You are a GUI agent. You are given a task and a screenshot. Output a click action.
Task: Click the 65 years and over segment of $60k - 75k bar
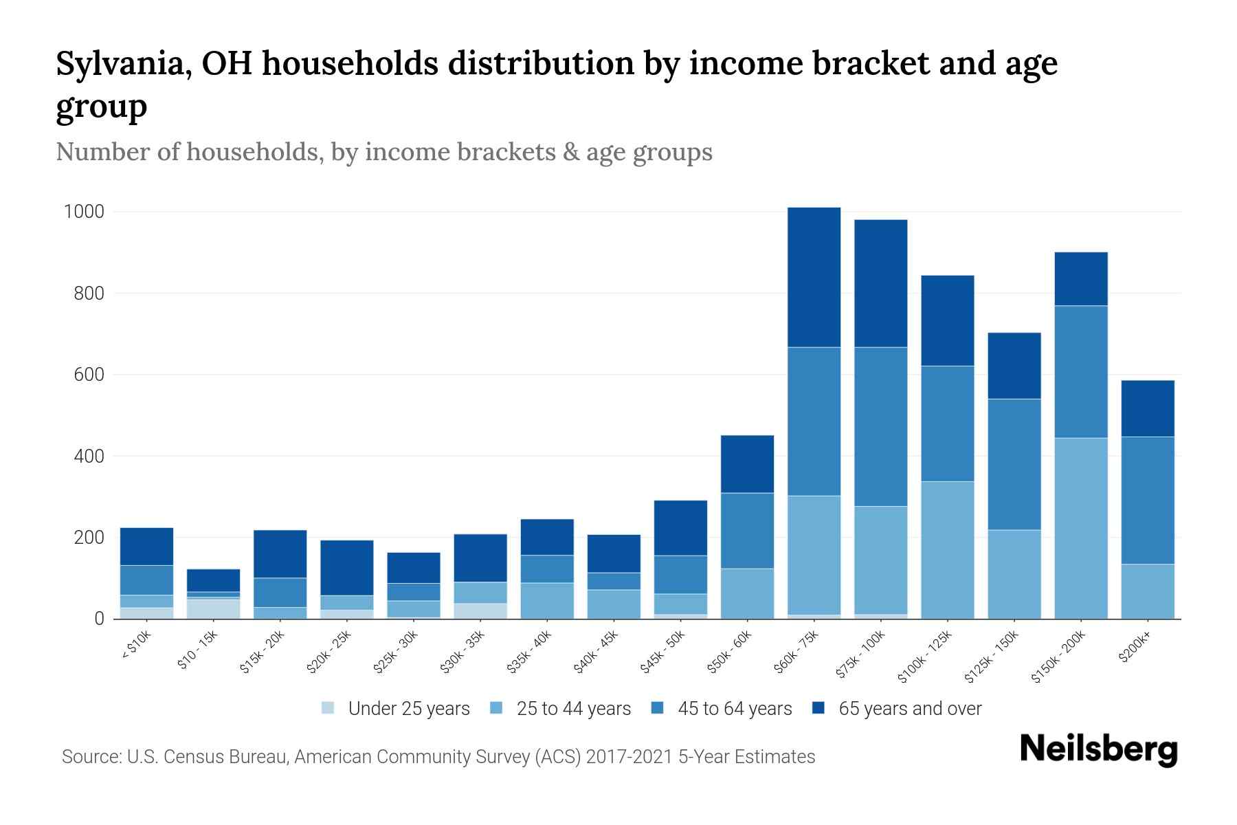814,277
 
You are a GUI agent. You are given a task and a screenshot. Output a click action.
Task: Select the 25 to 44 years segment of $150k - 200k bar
1081,528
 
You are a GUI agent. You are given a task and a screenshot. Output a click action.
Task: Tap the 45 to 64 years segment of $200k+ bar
1148,500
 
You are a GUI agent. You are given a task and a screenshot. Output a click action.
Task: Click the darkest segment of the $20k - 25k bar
347,568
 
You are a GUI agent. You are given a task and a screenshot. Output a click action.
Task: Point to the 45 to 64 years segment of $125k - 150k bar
1014,464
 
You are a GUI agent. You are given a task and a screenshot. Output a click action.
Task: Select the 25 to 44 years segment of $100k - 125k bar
948,550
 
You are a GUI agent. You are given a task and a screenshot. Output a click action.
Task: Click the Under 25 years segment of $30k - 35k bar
480,611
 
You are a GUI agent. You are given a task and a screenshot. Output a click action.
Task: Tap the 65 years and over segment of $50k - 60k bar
747,464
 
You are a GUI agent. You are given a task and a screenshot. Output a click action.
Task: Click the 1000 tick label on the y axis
84,212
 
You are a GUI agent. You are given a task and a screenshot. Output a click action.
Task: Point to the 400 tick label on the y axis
89,456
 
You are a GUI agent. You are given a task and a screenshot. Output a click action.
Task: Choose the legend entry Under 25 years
408,709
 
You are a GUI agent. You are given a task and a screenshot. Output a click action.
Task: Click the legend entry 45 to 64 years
734,709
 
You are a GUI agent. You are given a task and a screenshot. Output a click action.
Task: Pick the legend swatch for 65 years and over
818,708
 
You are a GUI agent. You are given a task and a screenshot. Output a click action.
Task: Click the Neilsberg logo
1098,749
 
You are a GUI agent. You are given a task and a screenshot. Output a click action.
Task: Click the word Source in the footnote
90,757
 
